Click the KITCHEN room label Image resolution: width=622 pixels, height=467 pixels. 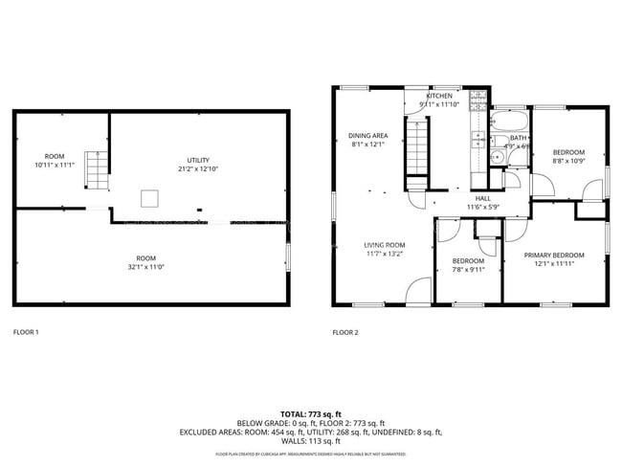pyautogui.click(x=439, y=97)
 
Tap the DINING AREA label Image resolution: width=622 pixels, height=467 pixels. pyautogui.click(x=367, y=136)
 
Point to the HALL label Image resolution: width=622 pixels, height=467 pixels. pyautogui.click(x=483, y=198)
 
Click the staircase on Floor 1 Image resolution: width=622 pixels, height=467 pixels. pyautogui.click(x=95, y=169)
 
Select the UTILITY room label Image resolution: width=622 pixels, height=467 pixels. pyautogui.click(x=198, y=160)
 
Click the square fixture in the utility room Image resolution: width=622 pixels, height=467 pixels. pyautogui.click(x=150, y=198)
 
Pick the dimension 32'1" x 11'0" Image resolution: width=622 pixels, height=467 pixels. pyautogui.click(x=145, y=267)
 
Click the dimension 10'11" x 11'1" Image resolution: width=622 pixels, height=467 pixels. pyautogui.click(x=54, y=166)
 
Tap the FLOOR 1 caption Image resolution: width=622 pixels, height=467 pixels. pyautogui.click(x=26, y=332)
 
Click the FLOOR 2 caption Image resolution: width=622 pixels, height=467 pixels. pyautogui.click(x=345, y=332)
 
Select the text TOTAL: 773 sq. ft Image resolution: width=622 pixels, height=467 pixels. pyautogui.click(x=310, y=413)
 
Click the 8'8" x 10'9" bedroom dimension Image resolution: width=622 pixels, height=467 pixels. pyautogui.click(x=568, y=161)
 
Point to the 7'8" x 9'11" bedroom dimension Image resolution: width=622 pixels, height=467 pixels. pyautogui.click(x=468, y=270)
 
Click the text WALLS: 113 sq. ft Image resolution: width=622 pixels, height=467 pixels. pyautogui.click(x=310, y=442)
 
